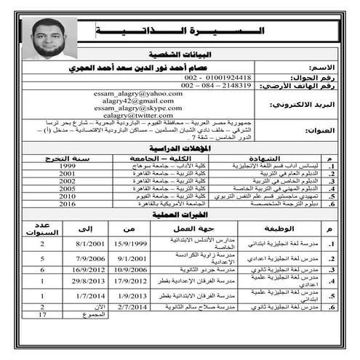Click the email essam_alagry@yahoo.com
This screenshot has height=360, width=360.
[138, 95]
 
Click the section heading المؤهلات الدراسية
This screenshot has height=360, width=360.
[180, 148]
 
